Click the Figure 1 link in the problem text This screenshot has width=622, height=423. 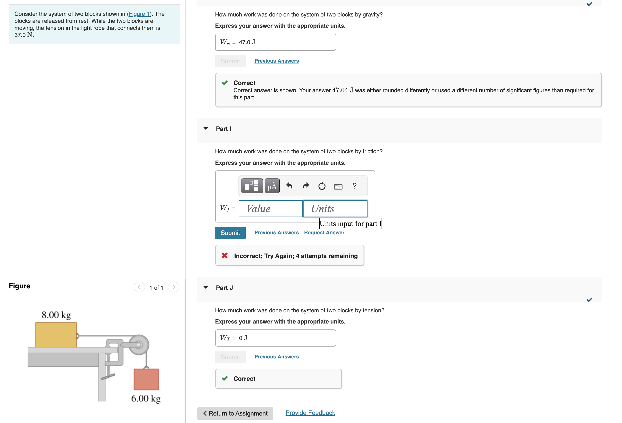139,14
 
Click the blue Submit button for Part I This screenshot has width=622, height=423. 230,233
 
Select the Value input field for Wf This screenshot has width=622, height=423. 271,209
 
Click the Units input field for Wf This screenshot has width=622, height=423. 335,209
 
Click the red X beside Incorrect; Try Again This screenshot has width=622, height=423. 225,256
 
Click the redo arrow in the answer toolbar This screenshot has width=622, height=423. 306,186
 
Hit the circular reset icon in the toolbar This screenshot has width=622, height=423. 322,186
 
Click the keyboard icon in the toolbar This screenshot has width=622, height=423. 338,186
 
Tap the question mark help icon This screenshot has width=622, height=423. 354,186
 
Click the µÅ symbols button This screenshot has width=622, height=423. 272,186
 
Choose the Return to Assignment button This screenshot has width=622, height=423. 235,413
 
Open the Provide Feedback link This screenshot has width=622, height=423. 310,413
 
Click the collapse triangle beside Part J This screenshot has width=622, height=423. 206,287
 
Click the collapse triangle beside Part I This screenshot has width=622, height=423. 206,129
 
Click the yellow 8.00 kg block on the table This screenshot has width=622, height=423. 56,335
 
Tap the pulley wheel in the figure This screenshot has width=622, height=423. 139,345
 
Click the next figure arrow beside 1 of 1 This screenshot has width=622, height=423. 173,287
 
